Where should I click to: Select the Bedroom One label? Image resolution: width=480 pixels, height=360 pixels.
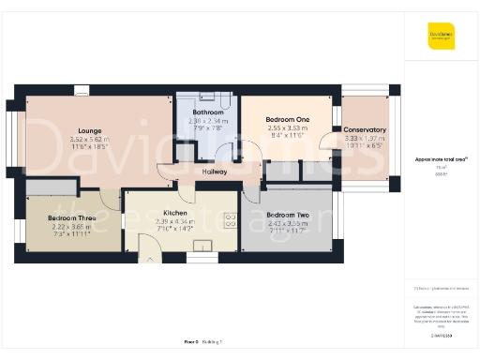pos(287,120)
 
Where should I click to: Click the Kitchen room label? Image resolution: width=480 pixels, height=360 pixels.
pos(174,213)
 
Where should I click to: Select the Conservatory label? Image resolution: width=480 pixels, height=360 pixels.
pos(365,129)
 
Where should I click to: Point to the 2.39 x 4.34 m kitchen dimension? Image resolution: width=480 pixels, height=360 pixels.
pos(174,221)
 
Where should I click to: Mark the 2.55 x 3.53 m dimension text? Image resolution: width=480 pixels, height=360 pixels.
pos(287,128)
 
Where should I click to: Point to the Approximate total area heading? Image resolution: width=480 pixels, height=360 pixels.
pos(441,160)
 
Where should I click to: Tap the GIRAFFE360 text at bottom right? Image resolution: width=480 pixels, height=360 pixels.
pos(441,335)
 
